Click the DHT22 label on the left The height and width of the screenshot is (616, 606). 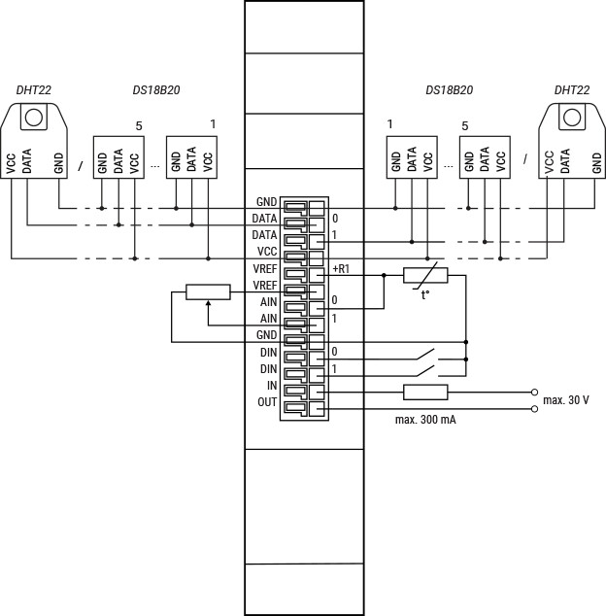pos(33,90)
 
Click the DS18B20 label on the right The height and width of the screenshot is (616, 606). pos(450,90)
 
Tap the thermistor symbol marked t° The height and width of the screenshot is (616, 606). pos(425,275)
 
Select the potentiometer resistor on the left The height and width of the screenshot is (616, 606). pos(208,291)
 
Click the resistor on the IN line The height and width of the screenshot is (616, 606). pos(425,393)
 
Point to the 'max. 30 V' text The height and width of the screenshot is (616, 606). pos(566,400)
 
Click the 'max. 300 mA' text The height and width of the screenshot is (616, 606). pos(425,420)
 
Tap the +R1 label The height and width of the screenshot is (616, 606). pos(341,269)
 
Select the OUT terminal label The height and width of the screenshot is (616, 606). pos(267,402)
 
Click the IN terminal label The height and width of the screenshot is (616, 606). pos(272,386)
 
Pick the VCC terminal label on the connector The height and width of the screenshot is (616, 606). pos(267,252)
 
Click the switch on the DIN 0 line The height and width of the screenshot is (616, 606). pos(426,354)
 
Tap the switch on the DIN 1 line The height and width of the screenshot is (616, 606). pos(426,371)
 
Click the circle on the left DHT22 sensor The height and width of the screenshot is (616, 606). pos(33,117)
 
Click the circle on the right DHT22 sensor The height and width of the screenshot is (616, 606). pos(572,117)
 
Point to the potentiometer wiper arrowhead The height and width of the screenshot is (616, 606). pos(208,302)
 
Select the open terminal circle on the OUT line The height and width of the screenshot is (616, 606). pos(534,409)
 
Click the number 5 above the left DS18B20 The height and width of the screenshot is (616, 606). pos(139,126)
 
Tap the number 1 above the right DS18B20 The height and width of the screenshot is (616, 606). pos(389,124)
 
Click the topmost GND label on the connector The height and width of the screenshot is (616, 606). pos(267,202)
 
